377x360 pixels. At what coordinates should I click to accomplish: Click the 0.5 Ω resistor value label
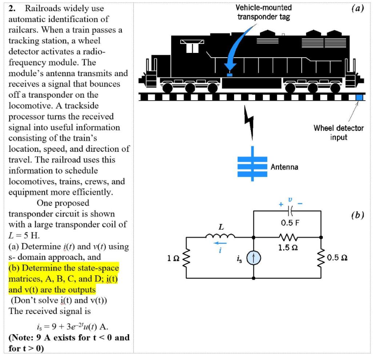(x=337, y=258)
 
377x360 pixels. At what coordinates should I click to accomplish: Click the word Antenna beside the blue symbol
(x=284, y=167)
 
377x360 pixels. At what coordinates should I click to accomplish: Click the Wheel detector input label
(x=338, y=132)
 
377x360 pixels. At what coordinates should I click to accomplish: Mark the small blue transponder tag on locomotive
(x=229, y=74)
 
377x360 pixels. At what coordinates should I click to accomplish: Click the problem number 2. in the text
(x=14, y=8)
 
